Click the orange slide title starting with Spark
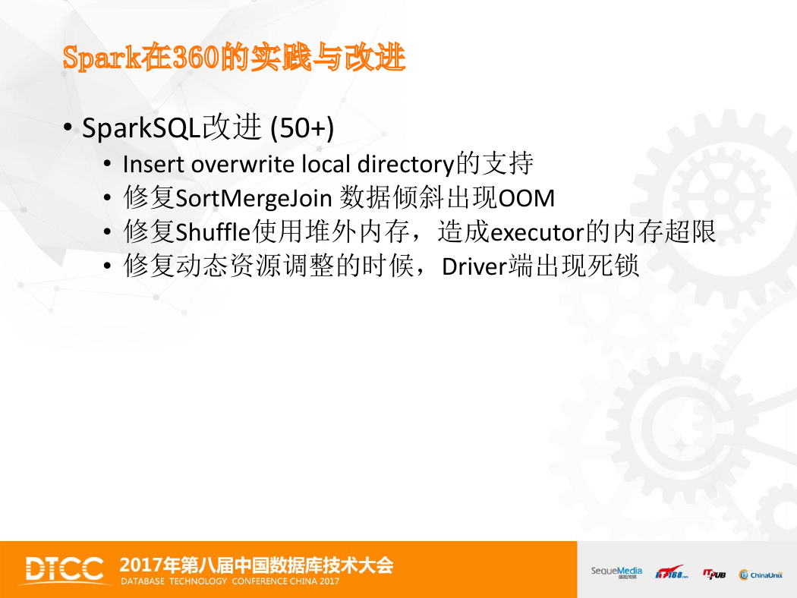(x=234, y=57)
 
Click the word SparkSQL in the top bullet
(x=141, y=127)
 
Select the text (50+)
(x=302, y=128)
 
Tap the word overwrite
(x=243, y=164)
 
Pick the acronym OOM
(x=527, y=198)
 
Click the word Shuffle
(x=213, y=231)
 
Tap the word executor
(x=537, y=233)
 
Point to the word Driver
(x=474, y=266)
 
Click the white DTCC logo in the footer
(x=65, y=569)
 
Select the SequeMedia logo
(x=616, y=572)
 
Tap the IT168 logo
(x=672, y=572)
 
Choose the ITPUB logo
(x=714, y=574)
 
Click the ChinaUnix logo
(x=761, y=574)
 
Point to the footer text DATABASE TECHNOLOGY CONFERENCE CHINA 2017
(x=230, y=581)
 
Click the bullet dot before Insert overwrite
(x=107, y=164)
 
